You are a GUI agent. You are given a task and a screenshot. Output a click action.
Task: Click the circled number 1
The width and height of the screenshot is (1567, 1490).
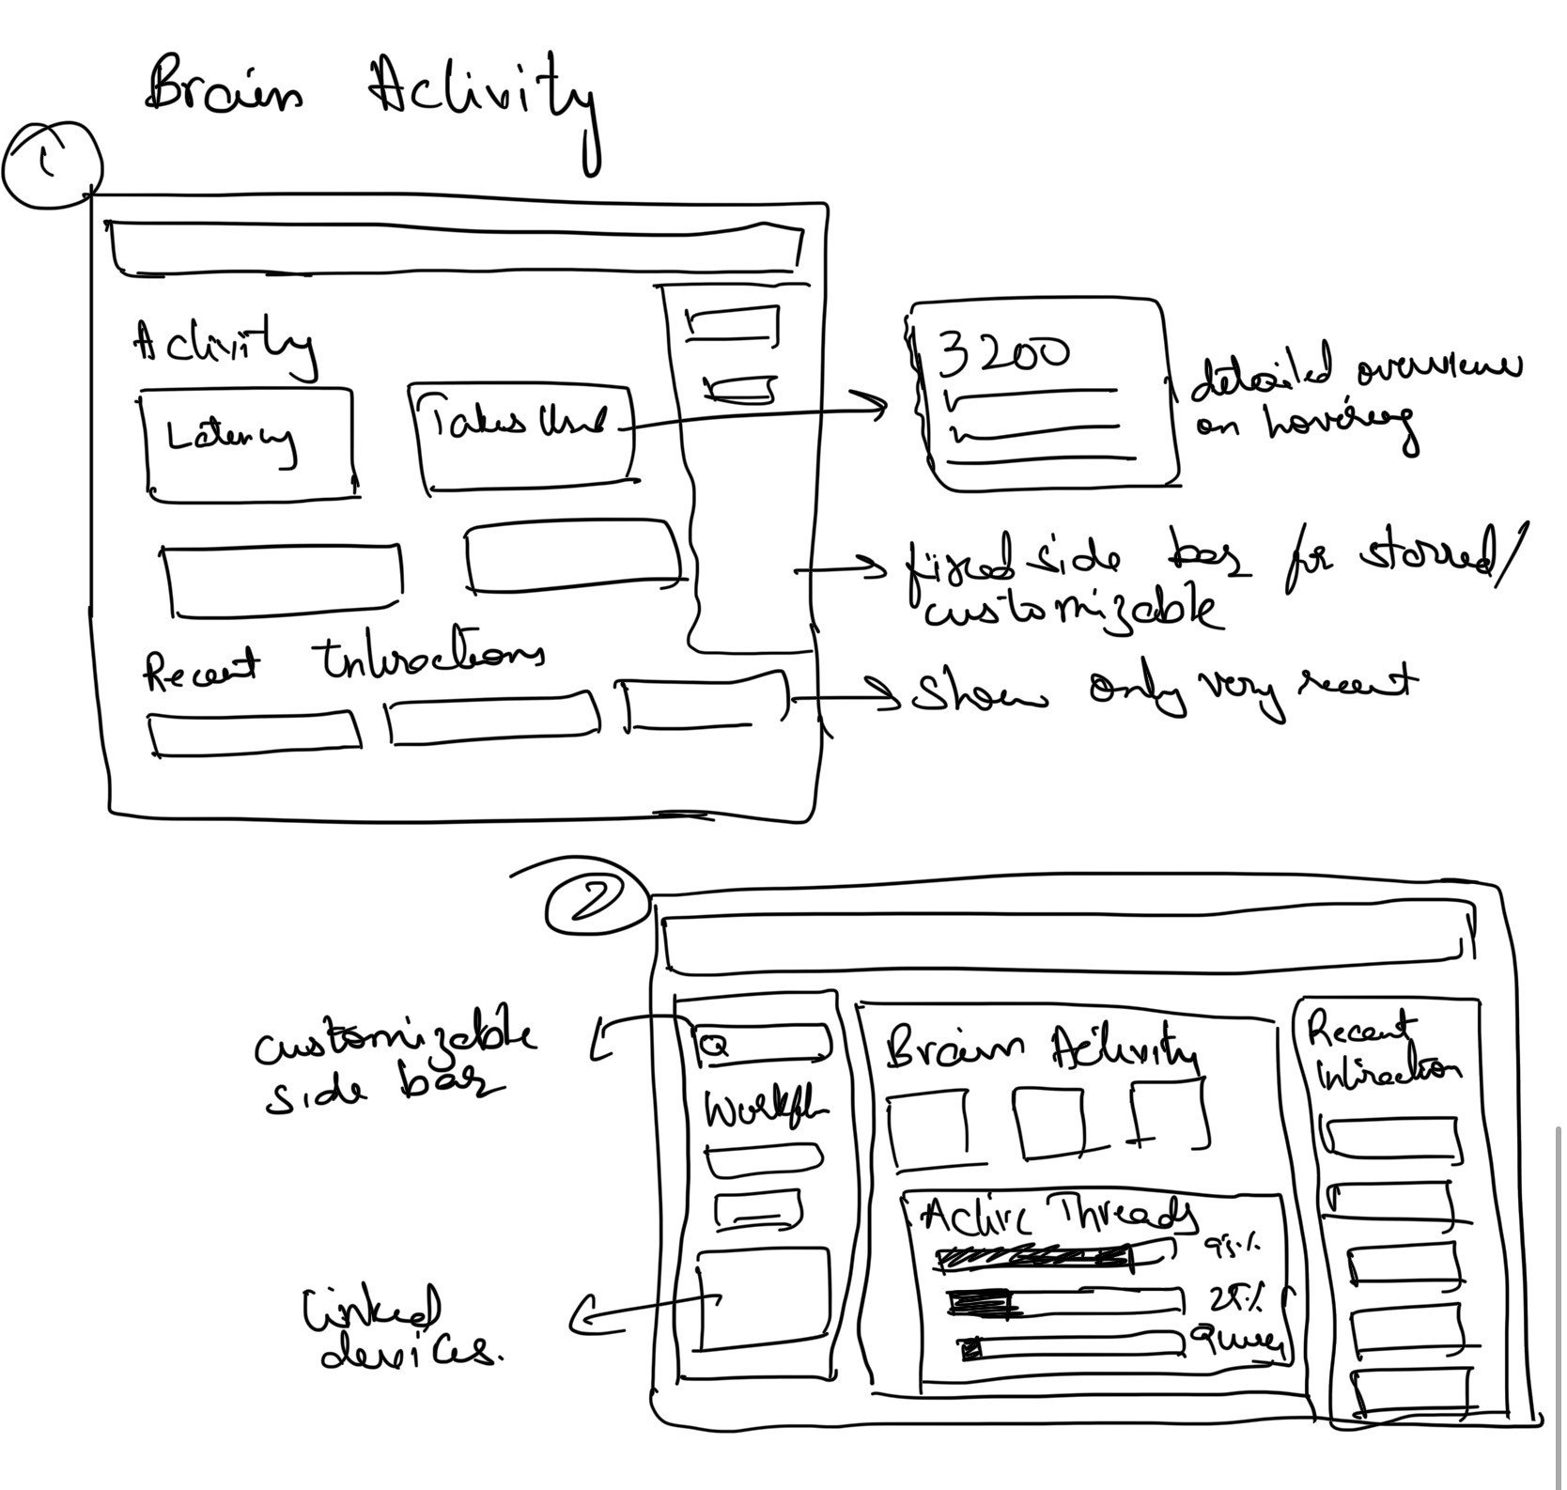coord(52,165)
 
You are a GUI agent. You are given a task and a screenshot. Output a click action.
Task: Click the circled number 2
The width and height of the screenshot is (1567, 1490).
coord(596,903)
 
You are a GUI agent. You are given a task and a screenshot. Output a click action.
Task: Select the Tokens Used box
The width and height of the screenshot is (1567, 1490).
coord(522,437)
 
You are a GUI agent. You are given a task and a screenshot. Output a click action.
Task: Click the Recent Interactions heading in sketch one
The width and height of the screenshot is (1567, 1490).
coord(343,665)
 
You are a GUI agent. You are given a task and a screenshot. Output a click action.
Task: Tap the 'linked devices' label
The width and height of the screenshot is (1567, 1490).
coord(399,1329)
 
